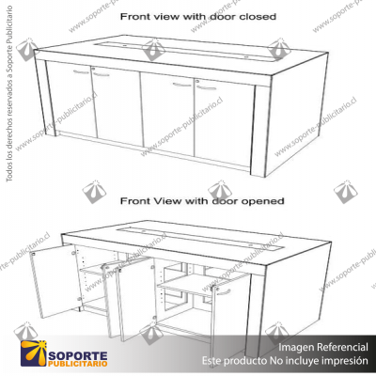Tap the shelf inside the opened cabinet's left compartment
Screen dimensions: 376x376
[94, 272]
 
